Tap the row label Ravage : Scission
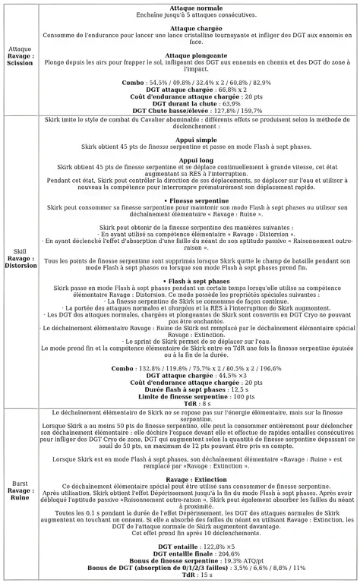tap(21, 59)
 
